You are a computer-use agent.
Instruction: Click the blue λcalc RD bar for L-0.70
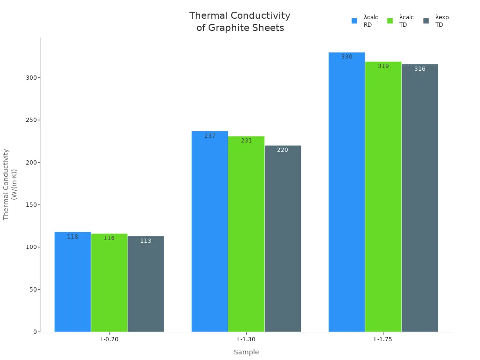click(73, 282)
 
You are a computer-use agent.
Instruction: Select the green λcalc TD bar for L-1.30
click(246, 234)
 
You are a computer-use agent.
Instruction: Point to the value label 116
click(109, 238)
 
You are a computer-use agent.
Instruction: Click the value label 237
click(210, 136)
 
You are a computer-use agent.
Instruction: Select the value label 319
click(383, 66)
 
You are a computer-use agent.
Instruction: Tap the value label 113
click(146, 241)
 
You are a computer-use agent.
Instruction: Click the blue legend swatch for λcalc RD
click(354, 21)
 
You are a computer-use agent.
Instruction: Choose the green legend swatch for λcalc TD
click(390, 21)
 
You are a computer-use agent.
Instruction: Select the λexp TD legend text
click(442, 21)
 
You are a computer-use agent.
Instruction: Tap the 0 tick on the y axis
click(35, 332)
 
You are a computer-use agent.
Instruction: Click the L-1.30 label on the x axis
click(246, 339)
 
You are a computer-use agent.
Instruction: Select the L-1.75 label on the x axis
click(383, 339)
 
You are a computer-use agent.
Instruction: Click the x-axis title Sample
click(246, 352)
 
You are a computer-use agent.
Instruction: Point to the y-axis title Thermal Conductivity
click(7, 184)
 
